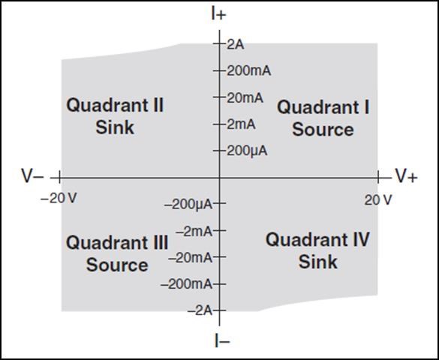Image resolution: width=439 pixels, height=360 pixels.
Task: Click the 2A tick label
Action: (x=236, y=45)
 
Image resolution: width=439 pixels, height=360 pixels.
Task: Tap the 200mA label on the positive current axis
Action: (x=249, y=71)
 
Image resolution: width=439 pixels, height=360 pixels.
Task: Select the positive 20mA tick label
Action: (x=245, y=98)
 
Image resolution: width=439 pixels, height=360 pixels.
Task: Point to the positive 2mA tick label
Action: (x=241, y=124)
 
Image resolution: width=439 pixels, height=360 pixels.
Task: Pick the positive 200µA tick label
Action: (x=247, y=151)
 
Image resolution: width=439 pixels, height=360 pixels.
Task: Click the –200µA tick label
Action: (x=188, y=205)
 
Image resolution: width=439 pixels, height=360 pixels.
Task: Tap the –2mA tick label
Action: (x=194, y=231)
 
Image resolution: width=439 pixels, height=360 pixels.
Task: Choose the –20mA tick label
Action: (x=191, y=257)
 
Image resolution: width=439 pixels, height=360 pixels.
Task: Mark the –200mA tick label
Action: (x=186, y=284)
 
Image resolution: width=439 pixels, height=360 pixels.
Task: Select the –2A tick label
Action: (x=200, y=310)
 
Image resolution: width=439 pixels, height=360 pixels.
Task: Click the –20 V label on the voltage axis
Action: (x=59, y=199)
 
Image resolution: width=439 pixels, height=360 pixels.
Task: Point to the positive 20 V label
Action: (x=378, y=200)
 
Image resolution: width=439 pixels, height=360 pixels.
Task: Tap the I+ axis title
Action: (x=218, y=15)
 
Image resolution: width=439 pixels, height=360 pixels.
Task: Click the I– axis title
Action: (x=222, y=340)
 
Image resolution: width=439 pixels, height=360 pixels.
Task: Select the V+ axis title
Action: (x=407, y=176)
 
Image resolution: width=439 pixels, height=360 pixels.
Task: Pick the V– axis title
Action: (x=32, y=176)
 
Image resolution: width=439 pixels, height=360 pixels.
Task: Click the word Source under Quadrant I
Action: (x=323, y=130)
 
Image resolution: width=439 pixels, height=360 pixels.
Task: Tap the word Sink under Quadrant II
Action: (x=115, y=127)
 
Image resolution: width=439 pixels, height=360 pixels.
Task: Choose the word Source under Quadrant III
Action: (x=117, y=265)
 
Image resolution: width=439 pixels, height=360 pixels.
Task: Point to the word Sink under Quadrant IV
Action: (x=317, y=262)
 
